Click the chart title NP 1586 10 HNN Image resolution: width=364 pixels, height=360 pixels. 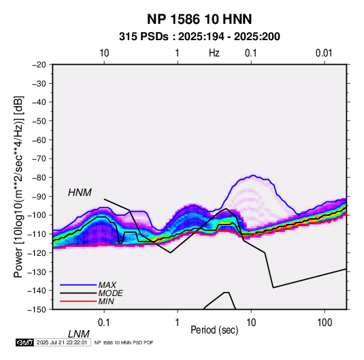(x=199, y=19)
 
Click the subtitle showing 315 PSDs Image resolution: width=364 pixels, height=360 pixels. (x=199, y=37)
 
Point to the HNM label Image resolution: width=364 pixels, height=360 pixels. (x=80, y=193)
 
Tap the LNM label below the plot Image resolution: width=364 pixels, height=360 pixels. (x=78, y=334)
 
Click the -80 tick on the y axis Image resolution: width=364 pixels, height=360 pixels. (x=39, y=178)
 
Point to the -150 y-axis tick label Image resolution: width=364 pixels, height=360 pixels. (x=37, y=310)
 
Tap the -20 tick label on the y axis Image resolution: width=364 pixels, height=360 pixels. (x=39, y=65)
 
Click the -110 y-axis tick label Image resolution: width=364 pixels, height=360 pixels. (x=37, y=234)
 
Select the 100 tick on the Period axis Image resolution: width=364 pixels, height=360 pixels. (x=325, y=323)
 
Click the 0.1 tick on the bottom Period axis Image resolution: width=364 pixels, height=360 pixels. (x=104, y=323)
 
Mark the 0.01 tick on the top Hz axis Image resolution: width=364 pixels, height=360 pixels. (x=324, y=53)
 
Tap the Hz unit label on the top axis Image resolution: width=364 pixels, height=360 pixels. (x=214, y=53)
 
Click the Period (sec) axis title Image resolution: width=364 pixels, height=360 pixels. (x=214, y=330)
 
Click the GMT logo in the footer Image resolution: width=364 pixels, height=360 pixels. (x=25, y=342)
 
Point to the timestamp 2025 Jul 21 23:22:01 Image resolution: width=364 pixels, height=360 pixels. (x=62, y=342)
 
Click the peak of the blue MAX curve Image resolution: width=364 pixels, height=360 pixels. (x=253, y=176)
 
